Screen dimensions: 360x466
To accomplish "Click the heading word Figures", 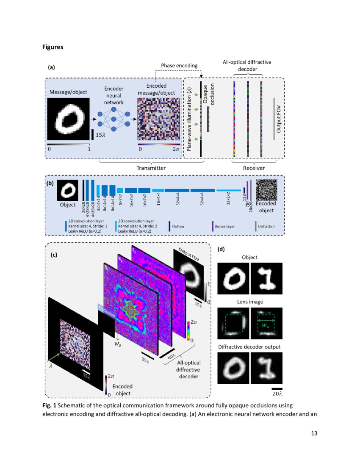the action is click(x=53, y=47).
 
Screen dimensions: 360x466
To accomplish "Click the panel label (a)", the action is click(x=52, y=67).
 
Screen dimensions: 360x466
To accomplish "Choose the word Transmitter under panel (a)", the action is click(x=151, y=168).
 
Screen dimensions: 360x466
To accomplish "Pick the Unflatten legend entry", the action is click(x=266, y=226).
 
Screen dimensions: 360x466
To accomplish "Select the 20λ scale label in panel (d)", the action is click(x=277, y=394).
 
